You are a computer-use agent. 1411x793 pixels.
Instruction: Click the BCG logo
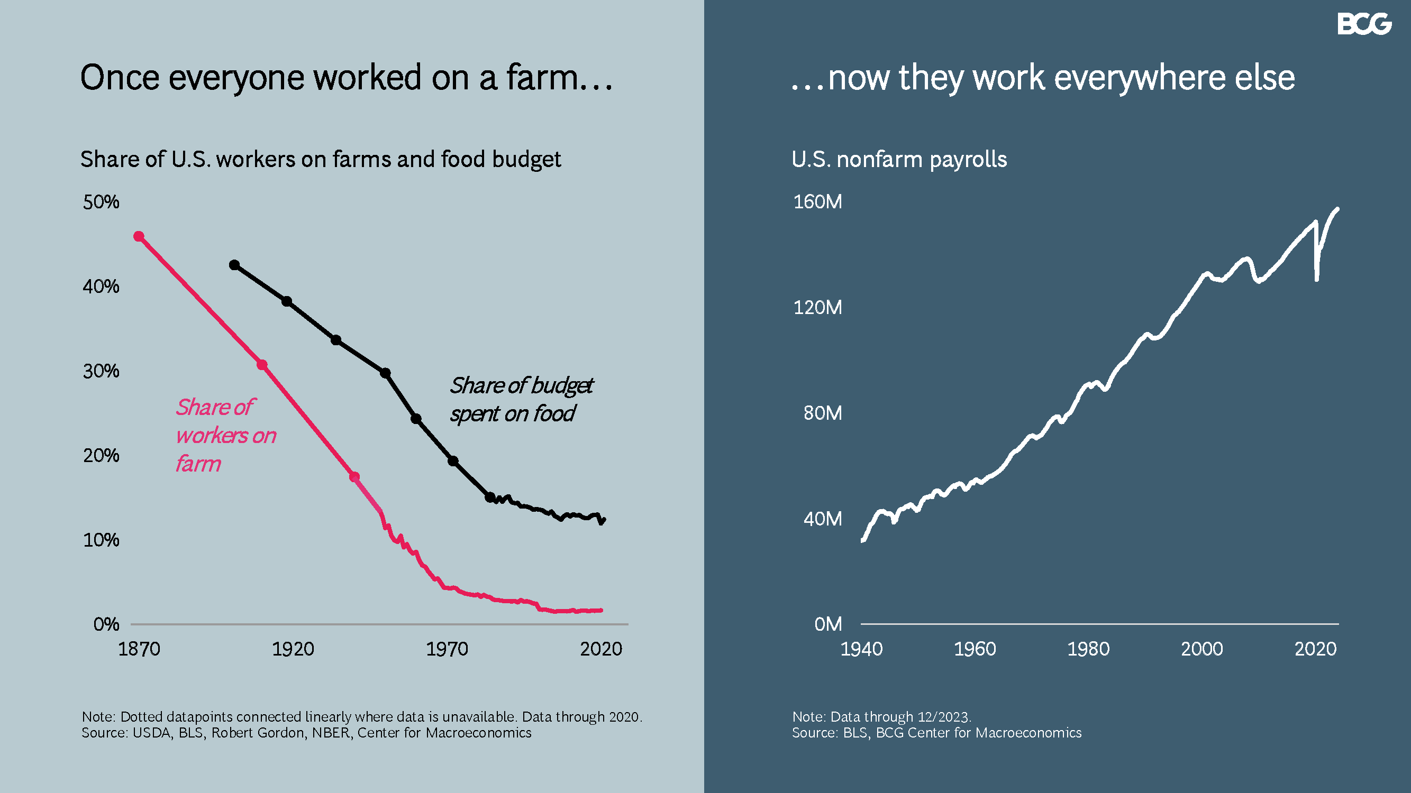(1364, 24)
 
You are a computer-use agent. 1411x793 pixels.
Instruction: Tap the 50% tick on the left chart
(101, 202)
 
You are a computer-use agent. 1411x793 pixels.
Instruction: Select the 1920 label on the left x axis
(293, 649)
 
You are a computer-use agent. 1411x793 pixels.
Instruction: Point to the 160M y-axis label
(817, 202)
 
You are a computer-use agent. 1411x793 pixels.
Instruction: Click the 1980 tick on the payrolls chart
(1088, 649)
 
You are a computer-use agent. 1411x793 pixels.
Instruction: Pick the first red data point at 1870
(139, 236)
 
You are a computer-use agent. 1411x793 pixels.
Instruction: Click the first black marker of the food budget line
(234, 265)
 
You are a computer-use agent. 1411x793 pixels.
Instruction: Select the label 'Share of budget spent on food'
(521, 400)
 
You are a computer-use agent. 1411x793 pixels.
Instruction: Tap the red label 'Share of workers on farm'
(224, 435)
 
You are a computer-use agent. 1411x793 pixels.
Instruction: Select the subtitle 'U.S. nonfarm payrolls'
(899, 159)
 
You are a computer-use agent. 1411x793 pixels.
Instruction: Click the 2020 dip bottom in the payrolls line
(1317, 280)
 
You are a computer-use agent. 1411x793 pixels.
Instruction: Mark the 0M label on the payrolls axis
(827, 624)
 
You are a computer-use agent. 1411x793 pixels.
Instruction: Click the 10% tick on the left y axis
(101, 540)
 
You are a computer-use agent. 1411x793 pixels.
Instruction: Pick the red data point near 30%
(262, 365)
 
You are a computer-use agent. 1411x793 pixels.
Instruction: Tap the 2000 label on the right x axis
(1201, 649)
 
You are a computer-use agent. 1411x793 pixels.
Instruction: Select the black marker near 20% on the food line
(453, 461)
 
